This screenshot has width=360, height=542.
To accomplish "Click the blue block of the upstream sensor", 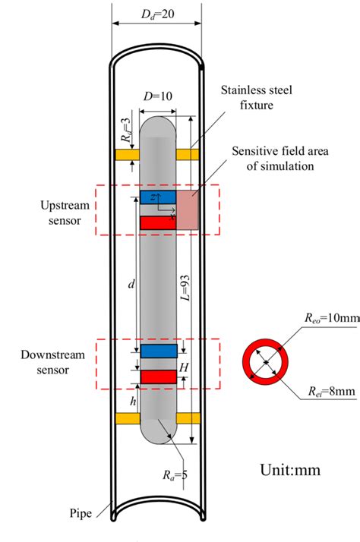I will click(158, 197).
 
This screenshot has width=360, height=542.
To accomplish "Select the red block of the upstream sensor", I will click(158, 222).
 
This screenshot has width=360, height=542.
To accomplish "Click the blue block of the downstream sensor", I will click(159, 351).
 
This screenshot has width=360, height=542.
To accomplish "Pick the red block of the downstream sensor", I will click(159, 377).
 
